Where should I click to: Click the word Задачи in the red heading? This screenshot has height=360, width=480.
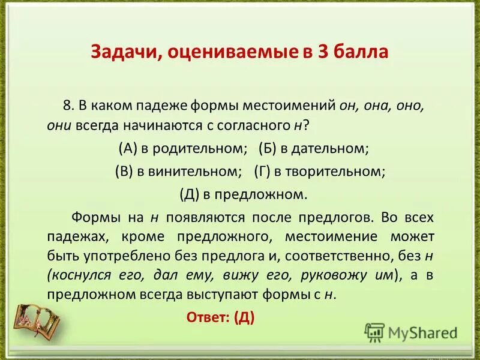(122, 53)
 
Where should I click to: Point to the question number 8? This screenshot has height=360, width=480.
(67, 106)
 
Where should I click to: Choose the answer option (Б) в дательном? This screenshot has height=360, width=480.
(313, 148)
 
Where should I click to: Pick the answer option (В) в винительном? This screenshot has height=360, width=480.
(178, 171)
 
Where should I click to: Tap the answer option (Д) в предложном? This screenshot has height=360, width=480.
(243, 194)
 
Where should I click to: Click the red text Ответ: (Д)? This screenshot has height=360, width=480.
(221, 317)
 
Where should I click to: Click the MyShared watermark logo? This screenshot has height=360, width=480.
(412, 332)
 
